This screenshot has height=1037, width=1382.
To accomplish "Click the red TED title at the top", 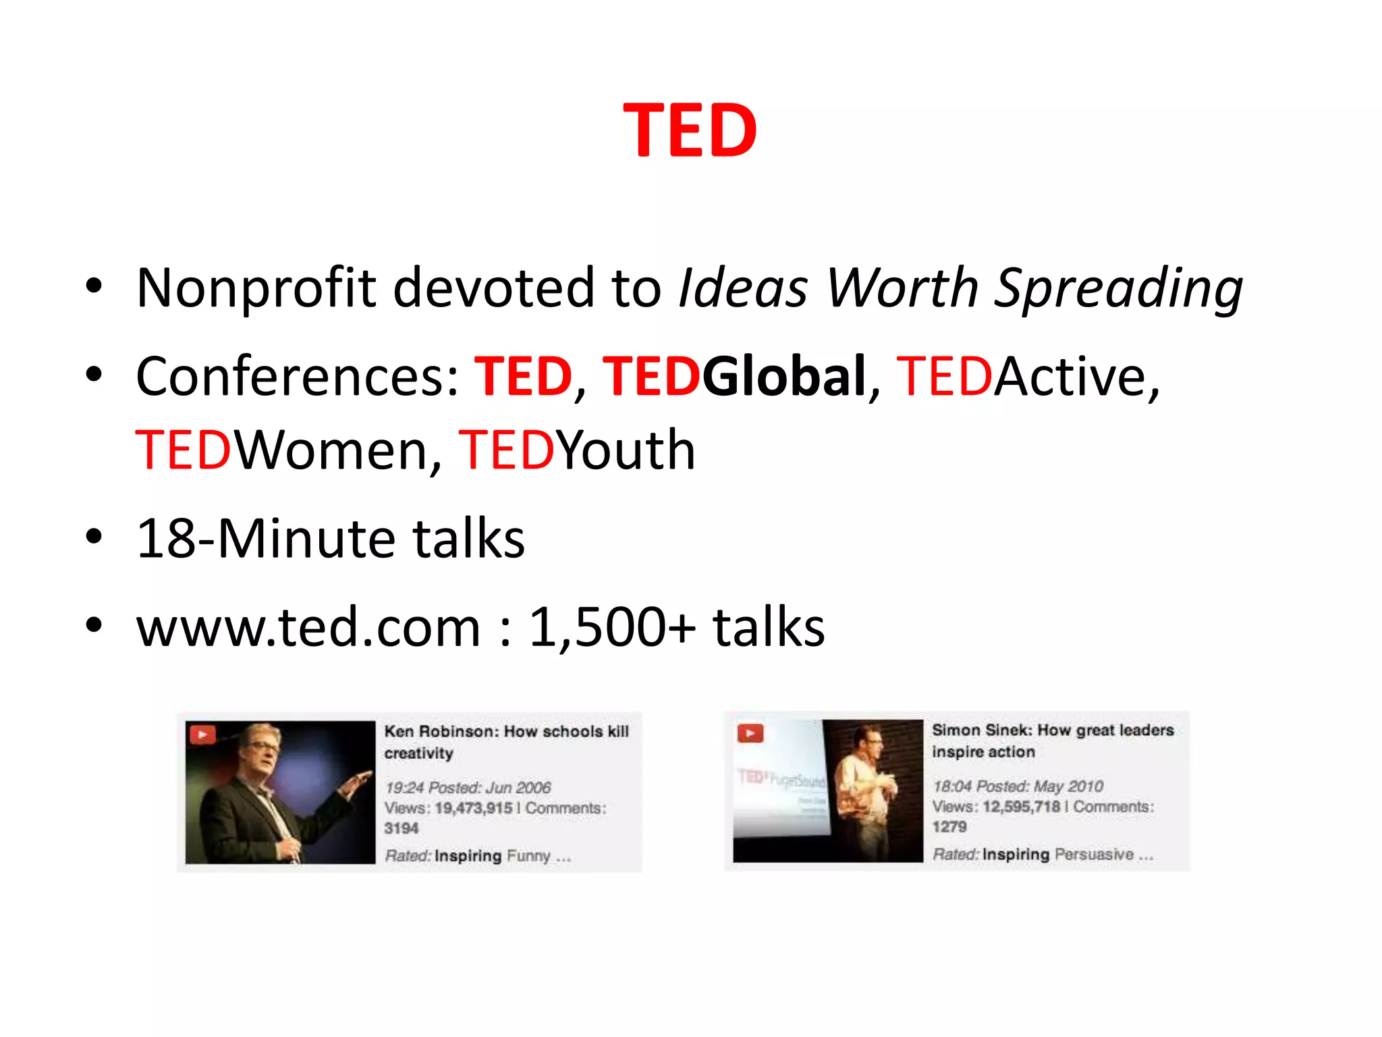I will coord(690,130).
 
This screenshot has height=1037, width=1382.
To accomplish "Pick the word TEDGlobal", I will coord(734,377).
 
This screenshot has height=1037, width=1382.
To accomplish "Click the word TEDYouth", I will coord(576,450).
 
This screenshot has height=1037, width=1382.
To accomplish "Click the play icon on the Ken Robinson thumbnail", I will coord(202,734).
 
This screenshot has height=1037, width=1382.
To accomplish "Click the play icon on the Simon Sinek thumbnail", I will coord(750,733).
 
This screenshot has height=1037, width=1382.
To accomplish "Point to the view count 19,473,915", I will coord(473,808).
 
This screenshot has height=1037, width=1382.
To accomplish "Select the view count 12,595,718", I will coord(1021,807).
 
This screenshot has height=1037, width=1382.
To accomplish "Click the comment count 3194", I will coord(402,828).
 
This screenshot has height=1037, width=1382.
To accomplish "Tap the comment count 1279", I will coord(949,827).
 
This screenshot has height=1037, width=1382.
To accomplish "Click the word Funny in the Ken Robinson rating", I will coord(528,856).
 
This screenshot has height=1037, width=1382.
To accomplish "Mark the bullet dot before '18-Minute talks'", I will coord(94,538).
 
